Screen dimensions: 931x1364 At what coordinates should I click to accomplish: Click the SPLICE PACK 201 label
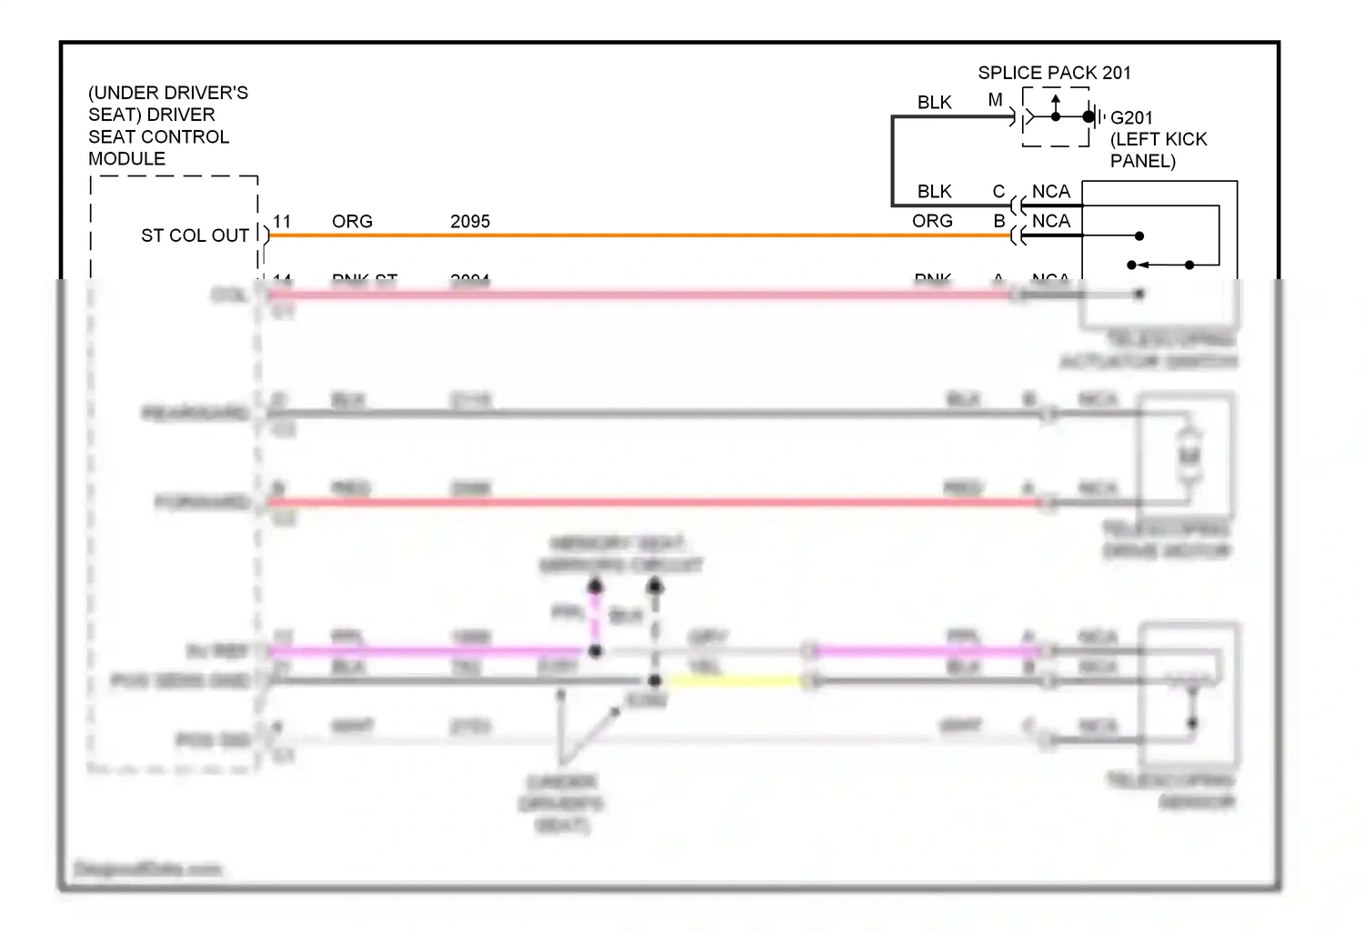coord(1054,73)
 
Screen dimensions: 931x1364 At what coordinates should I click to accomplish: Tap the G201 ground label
coord(1131,118)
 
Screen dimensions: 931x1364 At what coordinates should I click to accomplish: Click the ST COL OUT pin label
coord(195,235)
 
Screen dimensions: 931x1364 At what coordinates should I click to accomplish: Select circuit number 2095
coord(470,222)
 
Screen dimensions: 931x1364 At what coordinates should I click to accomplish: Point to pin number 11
coord(282,222)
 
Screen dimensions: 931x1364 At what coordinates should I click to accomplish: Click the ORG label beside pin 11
coord(352,222)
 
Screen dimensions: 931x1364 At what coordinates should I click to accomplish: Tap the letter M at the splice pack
coord(996,100)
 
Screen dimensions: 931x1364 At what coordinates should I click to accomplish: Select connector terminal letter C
coord(998,192)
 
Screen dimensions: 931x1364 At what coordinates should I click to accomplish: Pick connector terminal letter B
coord(999,221)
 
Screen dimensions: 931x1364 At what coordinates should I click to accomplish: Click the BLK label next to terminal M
coord(935,103)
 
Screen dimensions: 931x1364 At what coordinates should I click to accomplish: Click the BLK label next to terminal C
coord(935,192)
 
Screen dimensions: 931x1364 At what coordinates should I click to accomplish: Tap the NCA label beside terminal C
coord(1051,192)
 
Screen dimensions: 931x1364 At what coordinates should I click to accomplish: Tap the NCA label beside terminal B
coord(1051,221)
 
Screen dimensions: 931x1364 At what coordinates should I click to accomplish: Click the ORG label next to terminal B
coord(932,221)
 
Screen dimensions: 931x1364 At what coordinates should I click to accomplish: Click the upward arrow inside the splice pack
coord(1056,100)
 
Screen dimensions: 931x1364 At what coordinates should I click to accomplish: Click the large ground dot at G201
coord(1088,116)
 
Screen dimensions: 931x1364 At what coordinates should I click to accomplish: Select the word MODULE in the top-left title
coord(126,159)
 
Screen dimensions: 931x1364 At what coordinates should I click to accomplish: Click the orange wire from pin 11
coord(637,235)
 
